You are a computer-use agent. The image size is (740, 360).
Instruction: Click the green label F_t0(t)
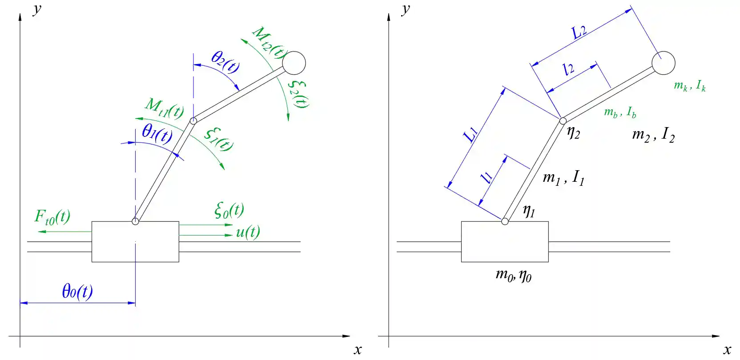point(52,217)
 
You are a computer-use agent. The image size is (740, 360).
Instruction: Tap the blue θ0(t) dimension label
point(77,292)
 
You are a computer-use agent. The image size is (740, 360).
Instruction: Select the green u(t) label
point(248,232)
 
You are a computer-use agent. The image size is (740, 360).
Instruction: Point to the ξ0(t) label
point(229,210)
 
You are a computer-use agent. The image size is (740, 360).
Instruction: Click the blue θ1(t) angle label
point(157,133)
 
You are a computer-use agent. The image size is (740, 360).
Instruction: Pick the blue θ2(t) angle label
point(225,61)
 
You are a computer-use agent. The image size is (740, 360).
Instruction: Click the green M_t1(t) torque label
point(164,108)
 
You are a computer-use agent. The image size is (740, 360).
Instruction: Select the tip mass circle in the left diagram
point(294,63)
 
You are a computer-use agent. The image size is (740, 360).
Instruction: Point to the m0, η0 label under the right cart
point(513,275)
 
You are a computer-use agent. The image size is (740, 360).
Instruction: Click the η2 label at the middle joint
point(574,132)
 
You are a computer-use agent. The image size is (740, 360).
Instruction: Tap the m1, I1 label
point(563,178)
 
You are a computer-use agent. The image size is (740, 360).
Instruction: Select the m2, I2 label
point(653,134)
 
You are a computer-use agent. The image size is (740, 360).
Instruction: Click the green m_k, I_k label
point(689,85)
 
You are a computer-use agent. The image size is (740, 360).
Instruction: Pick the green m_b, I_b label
point(620,112)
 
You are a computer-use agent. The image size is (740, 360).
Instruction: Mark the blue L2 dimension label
point(579,32)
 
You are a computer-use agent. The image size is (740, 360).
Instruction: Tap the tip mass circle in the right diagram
point(664,63)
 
